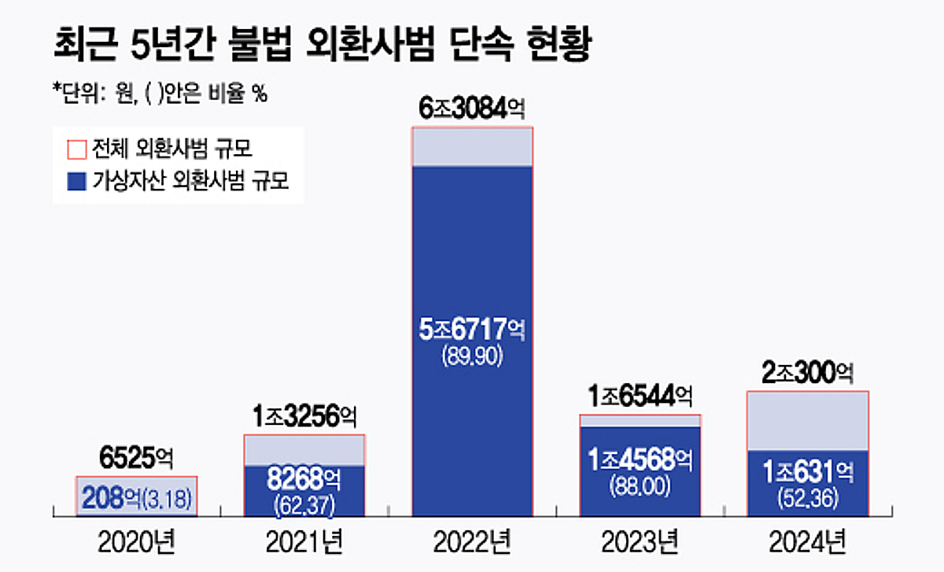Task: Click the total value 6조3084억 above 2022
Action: [472, 109]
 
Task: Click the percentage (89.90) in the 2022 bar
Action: [472, 356]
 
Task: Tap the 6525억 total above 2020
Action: [136, 457]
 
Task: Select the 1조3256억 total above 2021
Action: [304, 416]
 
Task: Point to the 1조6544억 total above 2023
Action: [640, 396]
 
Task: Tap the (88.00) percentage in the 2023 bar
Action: [640, 487]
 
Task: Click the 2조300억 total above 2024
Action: [808, 372]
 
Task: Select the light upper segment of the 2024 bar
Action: [808, 421]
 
